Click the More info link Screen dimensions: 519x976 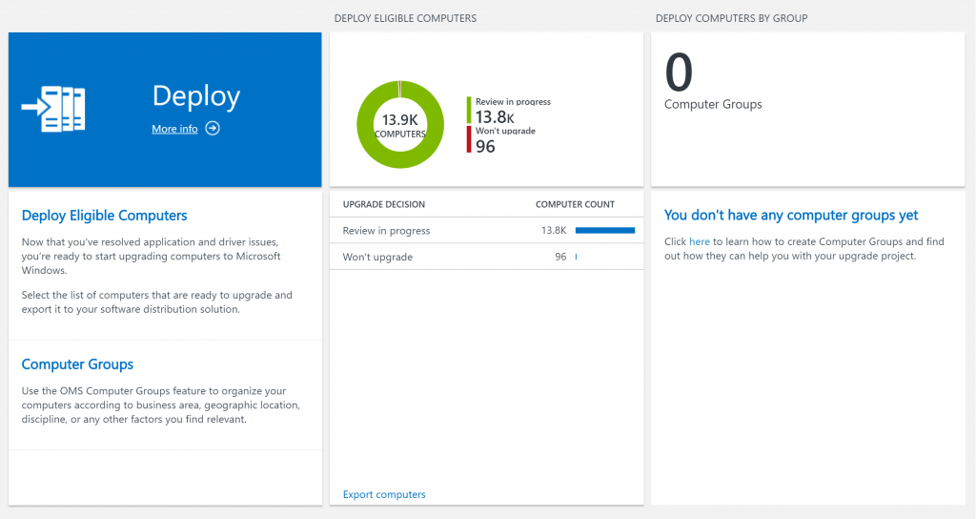click(174, 129)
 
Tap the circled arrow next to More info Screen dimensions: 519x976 click(213, 129)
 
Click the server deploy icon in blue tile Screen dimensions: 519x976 click(53, 109)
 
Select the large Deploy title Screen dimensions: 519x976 click(196, 96)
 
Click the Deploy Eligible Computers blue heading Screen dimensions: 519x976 click(104, 216)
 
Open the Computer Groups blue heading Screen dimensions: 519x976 click(77, 364)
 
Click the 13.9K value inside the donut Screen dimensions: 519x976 click(400, 119)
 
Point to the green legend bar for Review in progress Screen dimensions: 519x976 click(469, 110)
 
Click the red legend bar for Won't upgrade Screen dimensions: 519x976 click(469, 140)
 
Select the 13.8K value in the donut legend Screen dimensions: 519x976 click(495, 116)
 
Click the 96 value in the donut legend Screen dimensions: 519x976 click(485, 146)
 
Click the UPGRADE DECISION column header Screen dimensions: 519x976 click(383, 204)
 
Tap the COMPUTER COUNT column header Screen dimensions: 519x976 click(575, 204)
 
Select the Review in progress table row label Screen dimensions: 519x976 click(386, 231)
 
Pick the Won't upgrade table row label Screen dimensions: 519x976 click(377, 258)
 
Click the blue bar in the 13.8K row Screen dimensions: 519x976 click(605, 230)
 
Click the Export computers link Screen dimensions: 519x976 click(384, 494)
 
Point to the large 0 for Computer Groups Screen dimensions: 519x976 click(679, 72)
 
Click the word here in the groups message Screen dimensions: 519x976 click(700, 241)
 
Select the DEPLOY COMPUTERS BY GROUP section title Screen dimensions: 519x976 click(732, 18)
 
